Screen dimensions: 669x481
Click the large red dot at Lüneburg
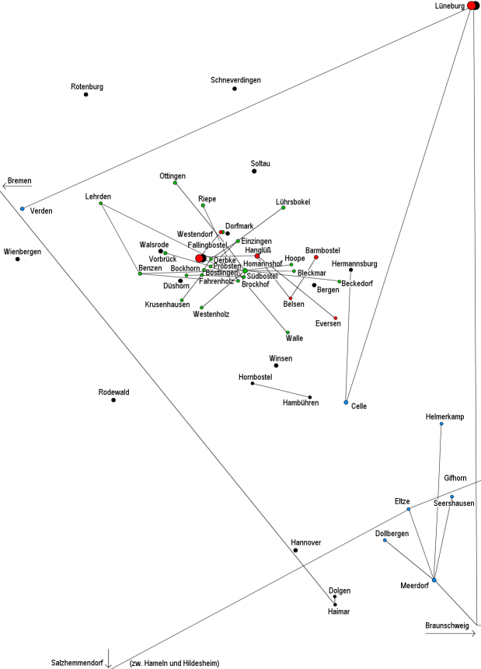coord(472,6)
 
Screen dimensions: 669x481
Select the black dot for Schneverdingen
coord(235,89)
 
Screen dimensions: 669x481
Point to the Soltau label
coord(261,163)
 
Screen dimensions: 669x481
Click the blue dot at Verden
coord(23,208)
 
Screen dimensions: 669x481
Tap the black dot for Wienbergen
coord(18,259)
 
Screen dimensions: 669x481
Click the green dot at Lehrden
coord(101,204)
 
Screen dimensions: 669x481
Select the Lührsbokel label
coord(293,202)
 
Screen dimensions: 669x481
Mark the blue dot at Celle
coord(346,402)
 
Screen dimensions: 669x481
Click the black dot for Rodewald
coord(113,399)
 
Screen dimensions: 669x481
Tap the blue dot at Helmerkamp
coord(441,423)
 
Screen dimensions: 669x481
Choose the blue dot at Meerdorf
coord(434,580)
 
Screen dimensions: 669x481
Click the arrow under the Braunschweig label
coord(450,634)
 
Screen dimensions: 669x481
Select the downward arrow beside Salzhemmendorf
coord(110,657)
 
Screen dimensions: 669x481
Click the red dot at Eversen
coord(336,318)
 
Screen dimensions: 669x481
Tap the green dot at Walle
coord(288,332)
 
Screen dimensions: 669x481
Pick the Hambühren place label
coord(301,402)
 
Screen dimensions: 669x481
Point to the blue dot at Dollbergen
coord(385,540)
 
